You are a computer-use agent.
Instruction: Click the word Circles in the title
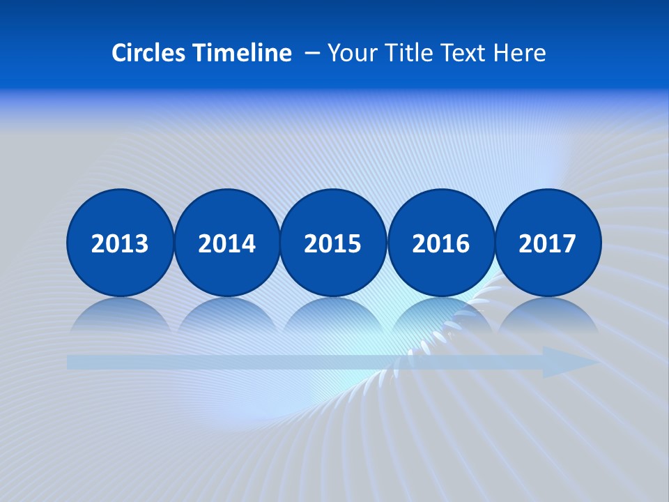149,53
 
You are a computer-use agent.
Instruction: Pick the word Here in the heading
519,53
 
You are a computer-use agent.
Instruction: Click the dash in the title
312,53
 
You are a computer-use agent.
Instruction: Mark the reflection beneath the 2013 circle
120,315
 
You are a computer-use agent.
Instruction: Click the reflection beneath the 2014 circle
227,315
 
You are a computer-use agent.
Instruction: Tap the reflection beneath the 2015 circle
333,315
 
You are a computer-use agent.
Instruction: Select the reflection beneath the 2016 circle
440,315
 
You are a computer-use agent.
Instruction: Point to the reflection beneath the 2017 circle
548,315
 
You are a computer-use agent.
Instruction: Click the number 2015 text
333,244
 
